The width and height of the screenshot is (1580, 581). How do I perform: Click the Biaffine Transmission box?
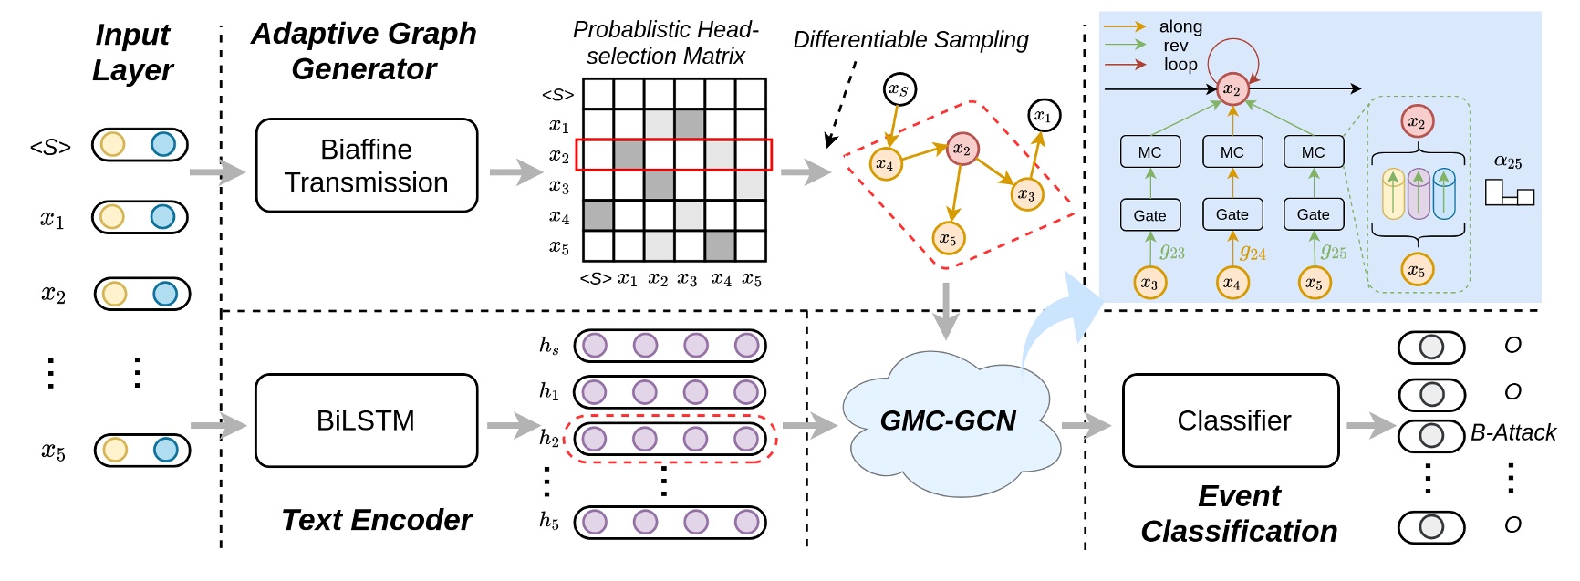pyautogui.click(x=366, y=165)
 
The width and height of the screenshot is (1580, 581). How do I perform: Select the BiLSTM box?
pyautogui.click(x=366, y=420)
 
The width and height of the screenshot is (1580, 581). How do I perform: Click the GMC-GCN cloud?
pyautogui.click(x=948, y=420)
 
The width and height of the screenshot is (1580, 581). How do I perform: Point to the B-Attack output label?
pyautogui.click(x=1512, y=433)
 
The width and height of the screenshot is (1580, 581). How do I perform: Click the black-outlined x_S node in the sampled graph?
pyautogui.click(x=899, y=89)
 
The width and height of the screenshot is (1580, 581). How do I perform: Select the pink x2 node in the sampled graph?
pyautogui.click(x=962, y=149)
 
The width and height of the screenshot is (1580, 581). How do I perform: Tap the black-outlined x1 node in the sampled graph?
pyautogui.click(x=1044, y=116)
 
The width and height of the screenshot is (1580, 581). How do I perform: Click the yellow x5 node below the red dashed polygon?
pyautogui.click(x=949, y=239)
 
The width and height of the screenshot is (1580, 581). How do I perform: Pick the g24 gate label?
pyautogui.click(x=1253, y=253)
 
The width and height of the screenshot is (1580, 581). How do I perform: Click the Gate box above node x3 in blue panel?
pyautogui.click(x=1149, y=215)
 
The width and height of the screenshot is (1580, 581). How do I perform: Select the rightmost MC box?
pyautogui.click(x=1313, y=152)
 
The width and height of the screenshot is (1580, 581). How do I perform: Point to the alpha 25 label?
pyautogui.click(x=1507, y=162)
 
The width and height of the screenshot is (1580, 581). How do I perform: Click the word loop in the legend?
pyautogui.click(x=1180, y=65)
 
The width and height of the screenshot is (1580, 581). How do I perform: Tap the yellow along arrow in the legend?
pyautogui.click(x=1124, y=26)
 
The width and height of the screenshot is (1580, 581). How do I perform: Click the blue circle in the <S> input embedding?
pyautogui.click(x=163, y=144)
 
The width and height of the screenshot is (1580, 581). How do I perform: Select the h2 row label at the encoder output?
pyautogui.click(x=549, y=438)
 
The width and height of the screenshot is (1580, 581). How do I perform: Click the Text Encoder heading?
pyautogui.click(x=377, y=520)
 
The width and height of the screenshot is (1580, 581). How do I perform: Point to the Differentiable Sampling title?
pyautogui.click(x=910, y=40)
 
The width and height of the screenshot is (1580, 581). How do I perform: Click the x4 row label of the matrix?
pyautogui.click(x=559, y=217)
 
